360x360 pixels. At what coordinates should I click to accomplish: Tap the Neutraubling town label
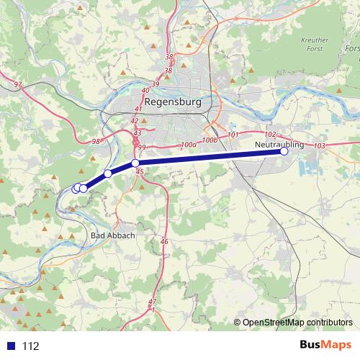(279, 145)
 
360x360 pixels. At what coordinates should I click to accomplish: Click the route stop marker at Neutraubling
(284, 151)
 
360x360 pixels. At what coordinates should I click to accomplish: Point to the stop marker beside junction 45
(135, 163)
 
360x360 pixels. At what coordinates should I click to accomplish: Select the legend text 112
(30, 346)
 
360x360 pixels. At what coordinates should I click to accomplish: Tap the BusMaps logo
(325, 345)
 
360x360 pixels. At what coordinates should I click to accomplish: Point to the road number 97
(18, 85)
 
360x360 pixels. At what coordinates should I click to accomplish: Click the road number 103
(320, 145)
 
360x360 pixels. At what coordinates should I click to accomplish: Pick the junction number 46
(164, 241)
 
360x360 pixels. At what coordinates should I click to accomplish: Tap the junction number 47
(152, 302)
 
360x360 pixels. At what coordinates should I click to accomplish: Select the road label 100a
(189, 145)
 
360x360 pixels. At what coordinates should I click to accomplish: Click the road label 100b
(210, 140)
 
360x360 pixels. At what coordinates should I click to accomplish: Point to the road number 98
(96, 141)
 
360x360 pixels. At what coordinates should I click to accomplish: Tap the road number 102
(271, 135)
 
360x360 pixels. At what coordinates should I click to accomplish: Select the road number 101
(233, 135)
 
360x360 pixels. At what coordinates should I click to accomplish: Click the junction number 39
(155, 84)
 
